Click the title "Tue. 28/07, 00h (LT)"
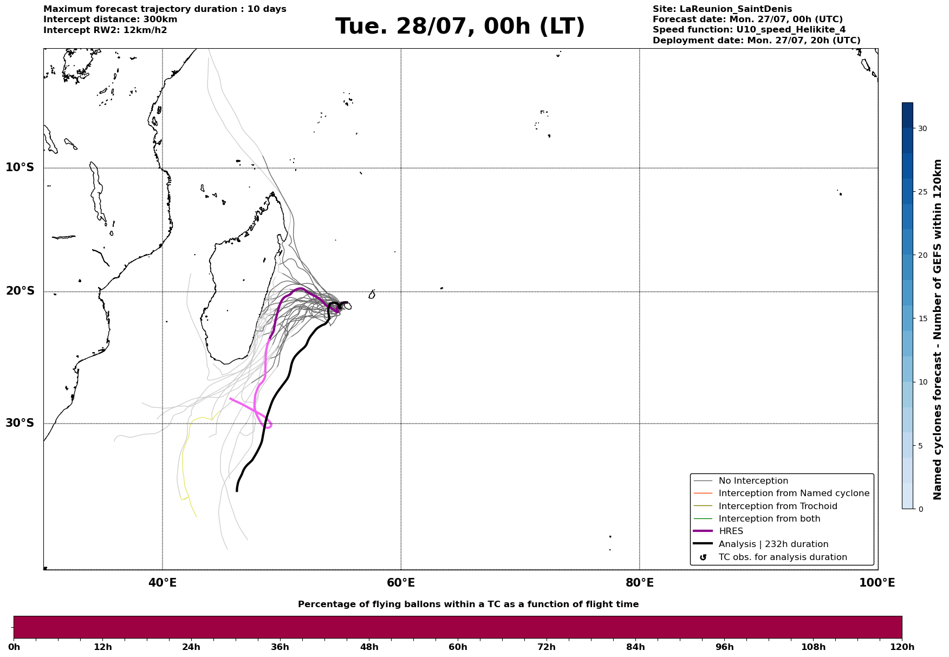pos(460,27)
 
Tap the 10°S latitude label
pos(20,167)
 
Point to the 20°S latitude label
pos(20,291)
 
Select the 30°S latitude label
pos(20,423)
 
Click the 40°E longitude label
pos(162,583)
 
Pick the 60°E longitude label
pos(401,583)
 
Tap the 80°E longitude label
pos(640,583)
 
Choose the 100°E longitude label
pos(877,583)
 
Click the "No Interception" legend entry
pos(753,481)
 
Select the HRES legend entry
pos(731,531)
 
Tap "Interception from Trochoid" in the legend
pos(778,506)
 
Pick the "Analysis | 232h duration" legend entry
pos(773,544)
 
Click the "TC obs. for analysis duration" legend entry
pos(783,557)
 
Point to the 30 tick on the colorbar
pos(922,128)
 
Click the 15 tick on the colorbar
pos(922,318)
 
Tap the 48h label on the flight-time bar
pos(369,647)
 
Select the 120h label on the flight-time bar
pos(901,647)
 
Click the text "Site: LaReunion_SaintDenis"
pos(722,9)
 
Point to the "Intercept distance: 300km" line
pos(110,19)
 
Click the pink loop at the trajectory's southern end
pos(268,425)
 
